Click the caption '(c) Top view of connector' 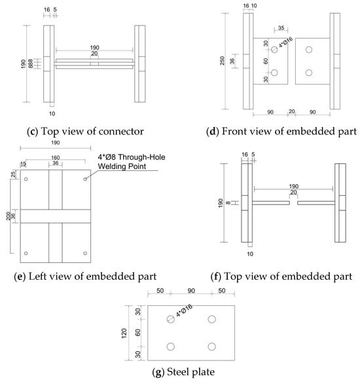coord(85,132)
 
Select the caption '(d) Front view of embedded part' coord(281,132)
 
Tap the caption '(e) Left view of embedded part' coord(85,277)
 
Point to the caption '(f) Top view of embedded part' coord(281,277)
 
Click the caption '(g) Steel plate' coord(183,372)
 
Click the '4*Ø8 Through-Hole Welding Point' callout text coord(132,162)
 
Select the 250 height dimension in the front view coord(222,61)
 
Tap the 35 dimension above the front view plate coord(281,28)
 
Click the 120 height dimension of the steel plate coord(124,333)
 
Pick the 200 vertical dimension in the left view coord(9,216)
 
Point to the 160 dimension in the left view coord(56,158)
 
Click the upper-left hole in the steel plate coord(171,319)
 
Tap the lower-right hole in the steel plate coord(212,347)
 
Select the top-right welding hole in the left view coord(85,179)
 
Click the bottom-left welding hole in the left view coord(26,253)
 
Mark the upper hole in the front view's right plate coord(309,50)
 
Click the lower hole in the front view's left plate coord(274,73)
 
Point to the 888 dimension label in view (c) coord(30,64)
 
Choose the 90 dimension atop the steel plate coord(191,291)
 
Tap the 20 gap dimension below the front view coord(292,111)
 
